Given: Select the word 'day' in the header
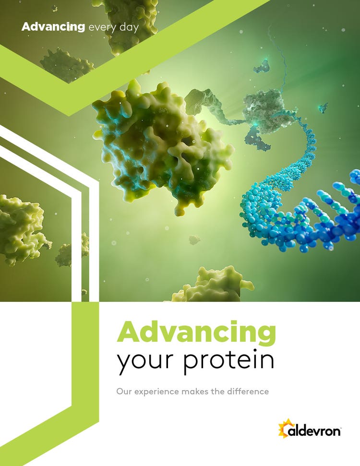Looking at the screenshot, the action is (129, 28).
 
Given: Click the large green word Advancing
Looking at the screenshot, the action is (196, 333).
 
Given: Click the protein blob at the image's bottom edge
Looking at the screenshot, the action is (213, 285).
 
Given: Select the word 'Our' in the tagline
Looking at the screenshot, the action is (124, 391).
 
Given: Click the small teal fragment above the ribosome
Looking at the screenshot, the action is (261, 66).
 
